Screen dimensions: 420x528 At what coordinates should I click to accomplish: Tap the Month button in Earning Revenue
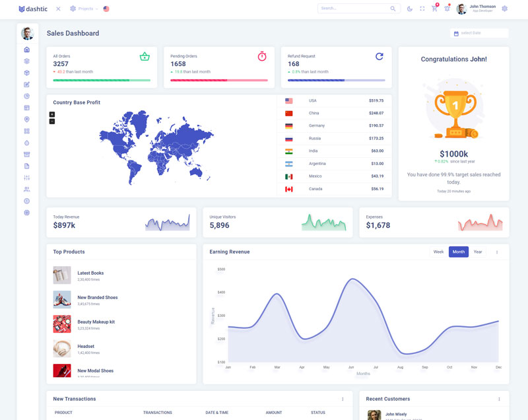[458, 252]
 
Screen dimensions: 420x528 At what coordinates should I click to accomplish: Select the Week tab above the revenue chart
[438, 252]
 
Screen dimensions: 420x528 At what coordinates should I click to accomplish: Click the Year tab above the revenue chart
[478, 252]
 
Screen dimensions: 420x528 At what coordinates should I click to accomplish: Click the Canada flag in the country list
[288, 189]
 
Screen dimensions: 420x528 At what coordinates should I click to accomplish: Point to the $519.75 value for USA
[376, 100]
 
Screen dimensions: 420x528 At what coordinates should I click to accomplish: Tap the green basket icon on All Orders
[145, 57]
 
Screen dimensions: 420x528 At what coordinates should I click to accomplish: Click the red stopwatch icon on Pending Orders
[262, 57]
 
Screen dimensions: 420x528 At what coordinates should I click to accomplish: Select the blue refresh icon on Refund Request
[379, 57]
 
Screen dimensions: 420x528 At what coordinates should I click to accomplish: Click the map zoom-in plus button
[52, 114]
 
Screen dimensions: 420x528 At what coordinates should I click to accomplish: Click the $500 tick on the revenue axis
[221, 269]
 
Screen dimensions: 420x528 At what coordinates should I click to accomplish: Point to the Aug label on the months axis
[400, 367]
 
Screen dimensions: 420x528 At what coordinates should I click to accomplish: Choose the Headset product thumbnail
[62, 349]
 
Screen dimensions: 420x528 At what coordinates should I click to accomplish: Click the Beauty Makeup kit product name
[96, 322]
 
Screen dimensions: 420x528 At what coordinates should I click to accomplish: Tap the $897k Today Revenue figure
[64, 226]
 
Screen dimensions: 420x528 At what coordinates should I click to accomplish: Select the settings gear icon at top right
[505, 9]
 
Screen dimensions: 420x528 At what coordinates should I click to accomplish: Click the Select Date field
[480, 33]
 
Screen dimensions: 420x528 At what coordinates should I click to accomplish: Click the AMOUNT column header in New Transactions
[274, 413]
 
